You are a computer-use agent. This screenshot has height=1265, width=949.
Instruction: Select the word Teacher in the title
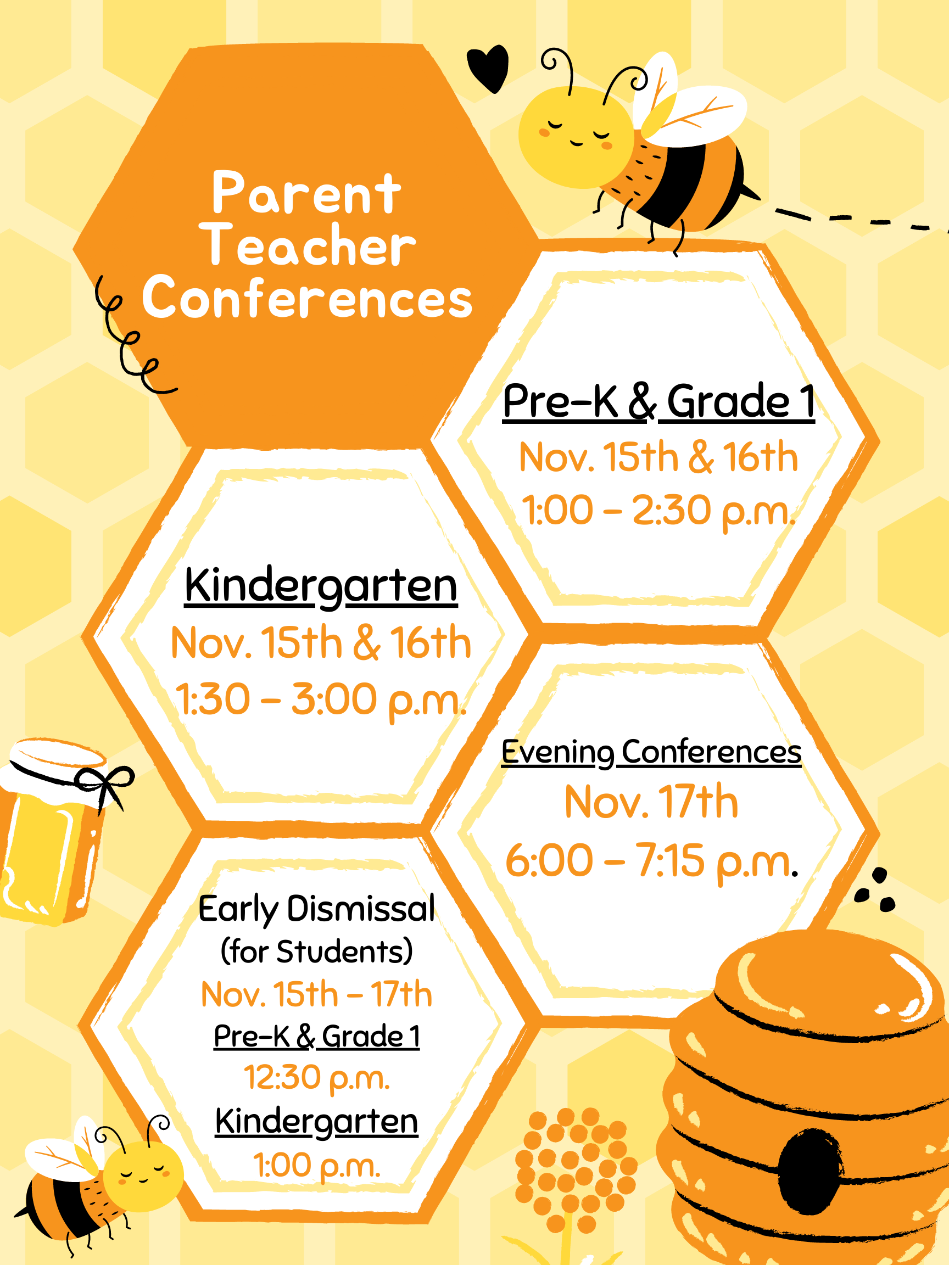307,246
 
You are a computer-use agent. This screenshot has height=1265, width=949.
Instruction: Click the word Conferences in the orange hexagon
307,298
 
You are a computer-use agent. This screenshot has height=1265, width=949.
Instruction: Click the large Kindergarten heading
321,586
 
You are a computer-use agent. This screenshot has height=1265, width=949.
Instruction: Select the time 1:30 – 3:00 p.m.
320,699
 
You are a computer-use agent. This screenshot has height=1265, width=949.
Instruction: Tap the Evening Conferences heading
651,752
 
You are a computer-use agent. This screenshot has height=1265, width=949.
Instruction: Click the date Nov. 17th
651,802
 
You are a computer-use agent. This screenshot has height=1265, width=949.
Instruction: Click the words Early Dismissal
316,908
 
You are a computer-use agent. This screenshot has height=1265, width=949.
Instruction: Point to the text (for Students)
316,951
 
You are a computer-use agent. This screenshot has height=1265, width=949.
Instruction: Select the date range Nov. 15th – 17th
316,994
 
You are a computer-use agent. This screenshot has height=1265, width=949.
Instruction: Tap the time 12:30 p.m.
316,1077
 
